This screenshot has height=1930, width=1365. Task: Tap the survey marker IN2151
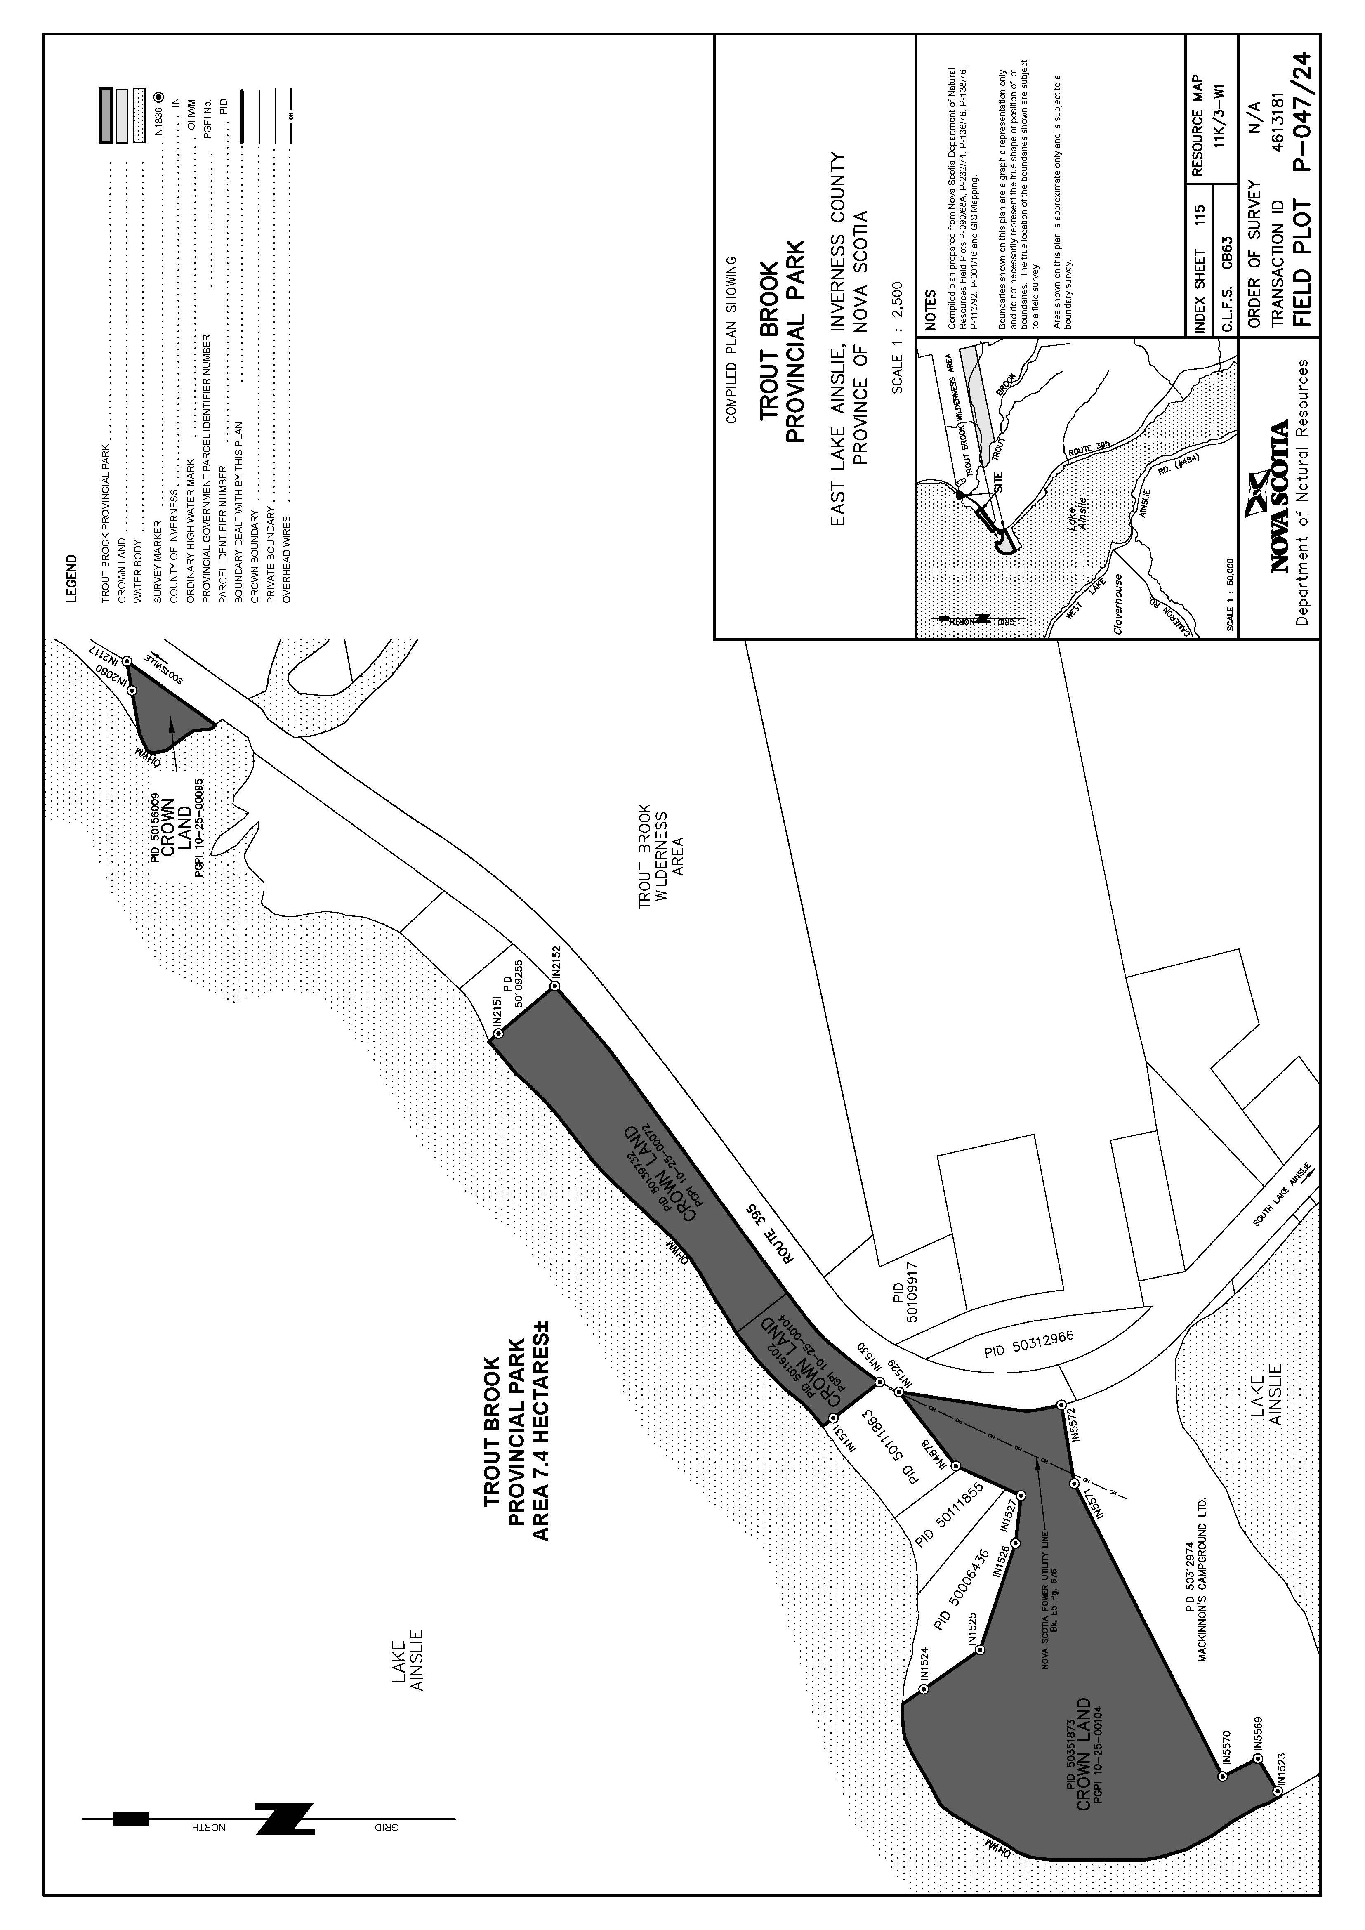point(497,1034)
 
